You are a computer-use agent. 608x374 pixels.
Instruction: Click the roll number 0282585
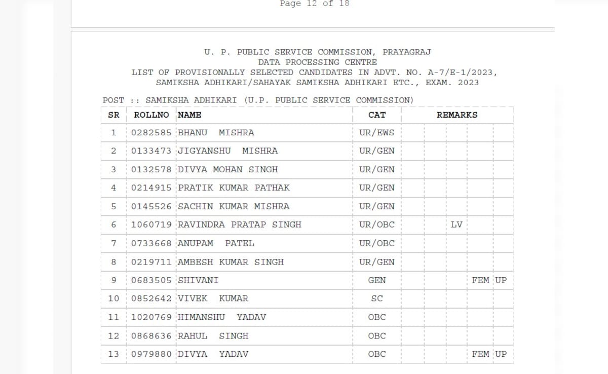tap(151, 133)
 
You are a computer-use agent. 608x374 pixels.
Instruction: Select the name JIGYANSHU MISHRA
tap(228, 151)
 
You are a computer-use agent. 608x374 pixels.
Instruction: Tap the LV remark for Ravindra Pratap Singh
tap(457, 225)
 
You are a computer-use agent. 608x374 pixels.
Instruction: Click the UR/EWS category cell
tap(377, 133)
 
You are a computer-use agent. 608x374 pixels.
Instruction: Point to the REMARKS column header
tap(457, 115)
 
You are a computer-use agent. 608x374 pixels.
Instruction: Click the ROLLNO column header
tap(151, 115)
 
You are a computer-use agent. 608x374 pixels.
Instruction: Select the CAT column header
tap(377, 115)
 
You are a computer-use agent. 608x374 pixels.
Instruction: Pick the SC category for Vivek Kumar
tap(377, 298)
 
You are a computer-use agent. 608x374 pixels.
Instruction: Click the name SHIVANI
tap(198, 280)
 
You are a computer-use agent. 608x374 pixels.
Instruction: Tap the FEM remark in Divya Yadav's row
tap(480, 354)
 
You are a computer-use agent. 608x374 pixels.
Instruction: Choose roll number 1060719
tap(151, 225)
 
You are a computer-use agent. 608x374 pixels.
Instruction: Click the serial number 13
tap(113, 354)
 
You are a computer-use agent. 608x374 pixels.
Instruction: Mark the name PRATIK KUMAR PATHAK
tap(234, 188)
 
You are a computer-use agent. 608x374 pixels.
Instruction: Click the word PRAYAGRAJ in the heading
tap(407, 52)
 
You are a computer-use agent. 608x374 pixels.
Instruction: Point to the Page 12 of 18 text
tap(315, 4)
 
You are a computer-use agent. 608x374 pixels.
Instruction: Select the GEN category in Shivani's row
tap(377, 280)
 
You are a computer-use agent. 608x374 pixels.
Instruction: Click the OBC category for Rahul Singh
tap(377, 335)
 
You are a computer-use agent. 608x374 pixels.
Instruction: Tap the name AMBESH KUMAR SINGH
tap(231, 262)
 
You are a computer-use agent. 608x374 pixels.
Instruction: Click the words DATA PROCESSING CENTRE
tap(318, 62)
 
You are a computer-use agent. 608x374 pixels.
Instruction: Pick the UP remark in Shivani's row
tap(501, 280)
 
